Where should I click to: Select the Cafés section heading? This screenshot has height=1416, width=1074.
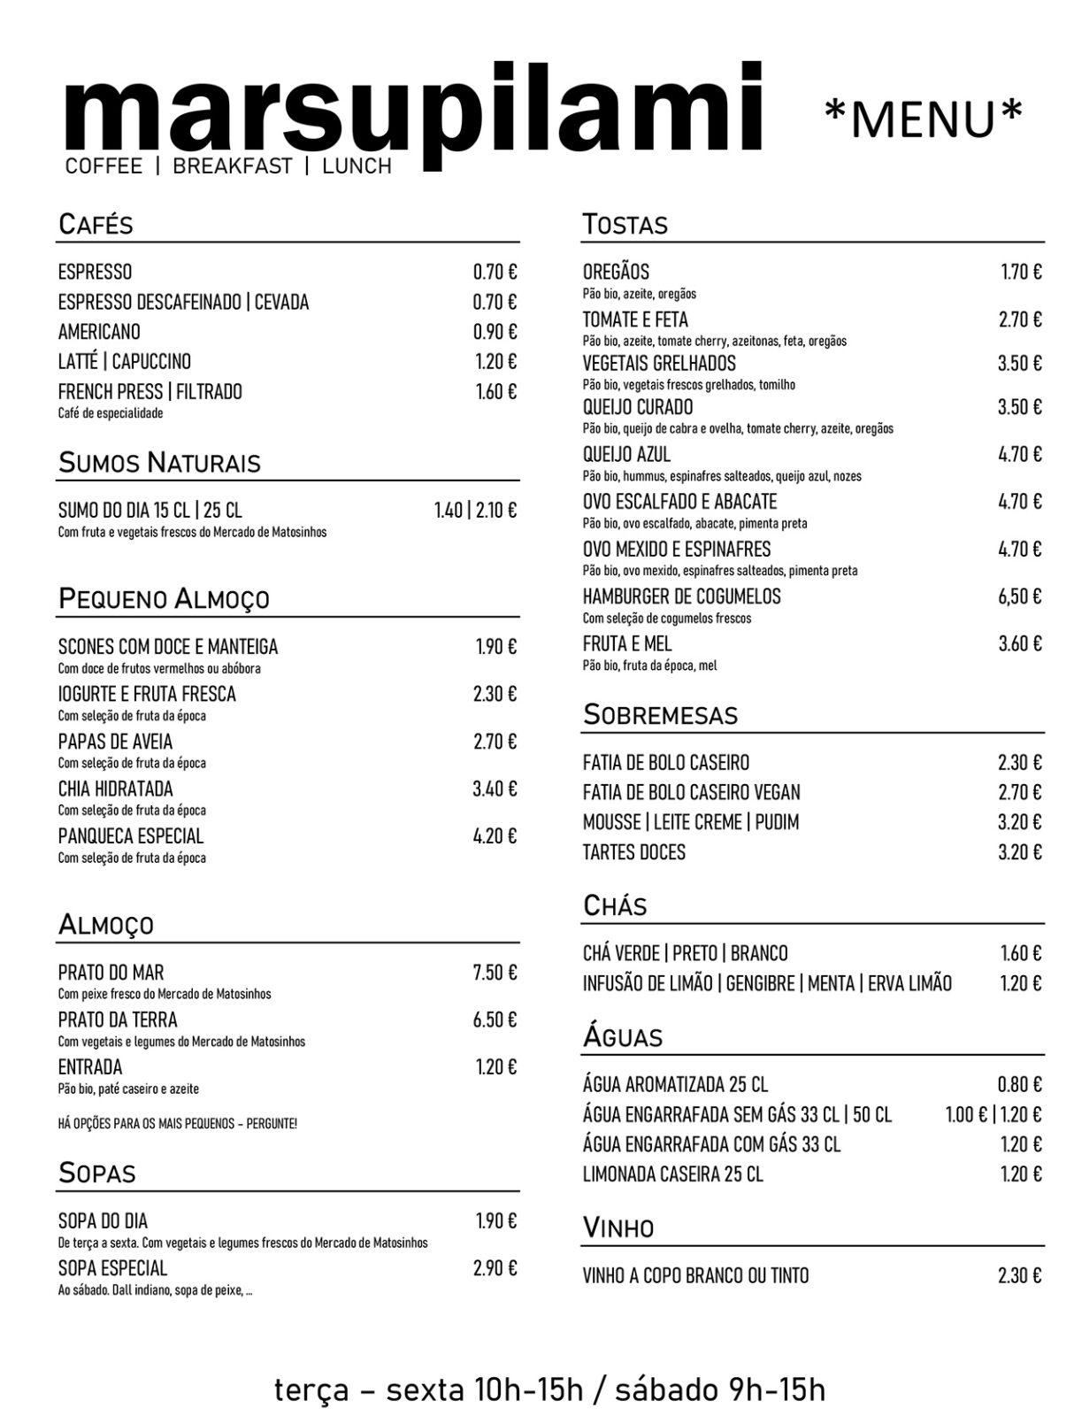tap(96, 225)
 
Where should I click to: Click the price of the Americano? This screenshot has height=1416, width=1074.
tap(495, 332)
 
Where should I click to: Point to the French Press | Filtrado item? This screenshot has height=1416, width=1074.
tap(150, 392)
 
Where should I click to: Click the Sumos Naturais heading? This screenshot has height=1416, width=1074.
tap(159, 463)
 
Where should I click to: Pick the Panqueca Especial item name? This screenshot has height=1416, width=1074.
tap(131, 836)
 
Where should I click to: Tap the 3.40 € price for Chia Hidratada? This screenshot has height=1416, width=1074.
tap(495, 789)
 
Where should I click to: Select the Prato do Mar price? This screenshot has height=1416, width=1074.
tap(495, 973)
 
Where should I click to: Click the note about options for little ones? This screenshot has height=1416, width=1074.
tap(177, 1124)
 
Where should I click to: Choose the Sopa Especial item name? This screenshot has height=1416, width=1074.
tap(112, 1268)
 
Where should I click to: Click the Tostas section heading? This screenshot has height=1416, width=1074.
tap(625, 225)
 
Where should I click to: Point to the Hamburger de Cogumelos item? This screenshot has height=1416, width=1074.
tap(681, 596)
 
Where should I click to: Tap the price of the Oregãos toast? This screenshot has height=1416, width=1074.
tap(1021, 272)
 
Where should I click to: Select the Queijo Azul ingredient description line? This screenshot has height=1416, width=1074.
tap(721, 476)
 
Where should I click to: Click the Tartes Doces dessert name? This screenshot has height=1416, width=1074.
tap(633, 852)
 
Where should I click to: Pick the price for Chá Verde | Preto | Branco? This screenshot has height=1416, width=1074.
tap(1021, 953)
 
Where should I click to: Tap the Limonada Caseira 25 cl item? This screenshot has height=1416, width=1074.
tap(672, 1174)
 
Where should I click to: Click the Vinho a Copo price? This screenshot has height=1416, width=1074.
tap(1019, 1275)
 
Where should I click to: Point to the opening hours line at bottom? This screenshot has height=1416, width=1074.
tap(549, 1389)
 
